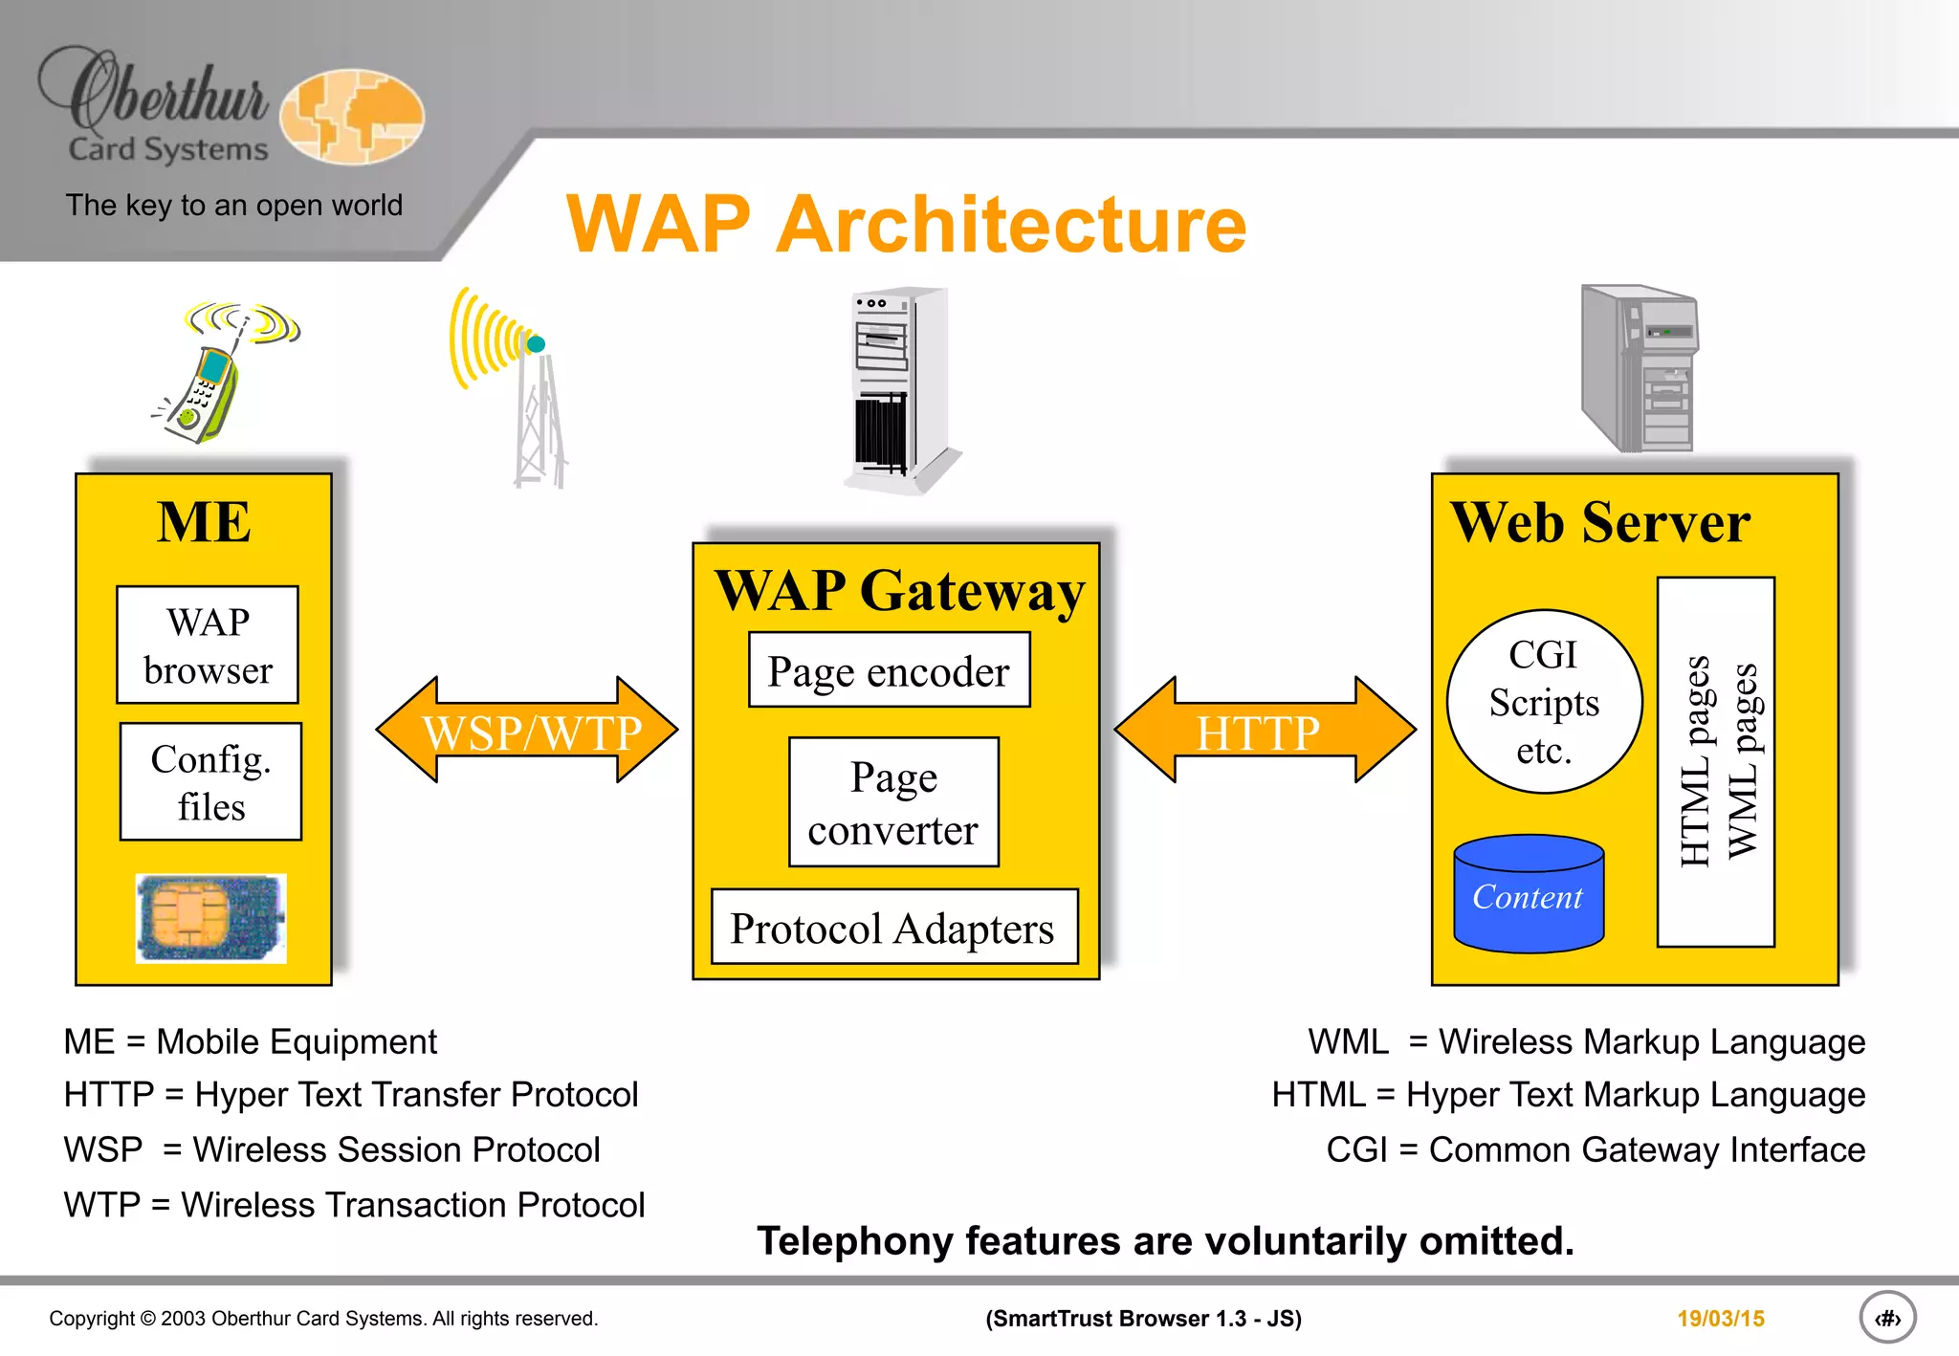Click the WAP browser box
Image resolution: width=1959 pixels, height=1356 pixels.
pos(208,645)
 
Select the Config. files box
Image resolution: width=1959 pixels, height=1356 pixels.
pos(210,782)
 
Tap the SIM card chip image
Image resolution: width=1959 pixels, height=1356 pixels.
pos(210,918)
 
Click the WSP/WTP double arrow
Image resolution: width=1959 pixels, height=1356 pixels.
pos(527,731)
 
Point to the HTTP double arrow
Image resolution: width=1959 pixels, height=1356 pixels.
pos(1265,731)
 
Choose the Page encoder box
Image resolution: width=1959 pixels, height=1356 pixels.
pos(889,670)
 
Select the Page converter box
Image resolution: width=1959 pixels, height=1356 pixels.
pos(893,802)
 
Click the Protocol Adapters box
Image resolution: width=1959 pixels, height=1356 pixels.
pos(894,928)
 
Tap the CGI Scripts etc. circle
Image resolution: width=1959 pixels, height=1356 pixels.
pos(1544,702)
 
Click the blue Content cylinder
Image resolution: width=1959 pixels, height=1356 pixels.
pos(1529,895)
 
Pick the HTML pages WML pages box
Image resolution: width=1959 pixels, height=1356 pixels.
pos(1716,762)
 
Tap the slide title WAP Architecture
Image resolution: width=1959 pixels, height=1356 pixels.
pos(906,224)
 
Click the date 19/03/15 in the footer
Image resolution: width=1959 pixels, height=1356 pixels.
pos(1720,1319)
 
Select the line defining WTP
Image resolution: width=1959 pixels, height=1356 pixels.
pos(354,1205)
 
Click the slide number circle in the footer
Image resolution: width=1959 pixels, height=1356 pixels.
pos(1886,1319)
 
